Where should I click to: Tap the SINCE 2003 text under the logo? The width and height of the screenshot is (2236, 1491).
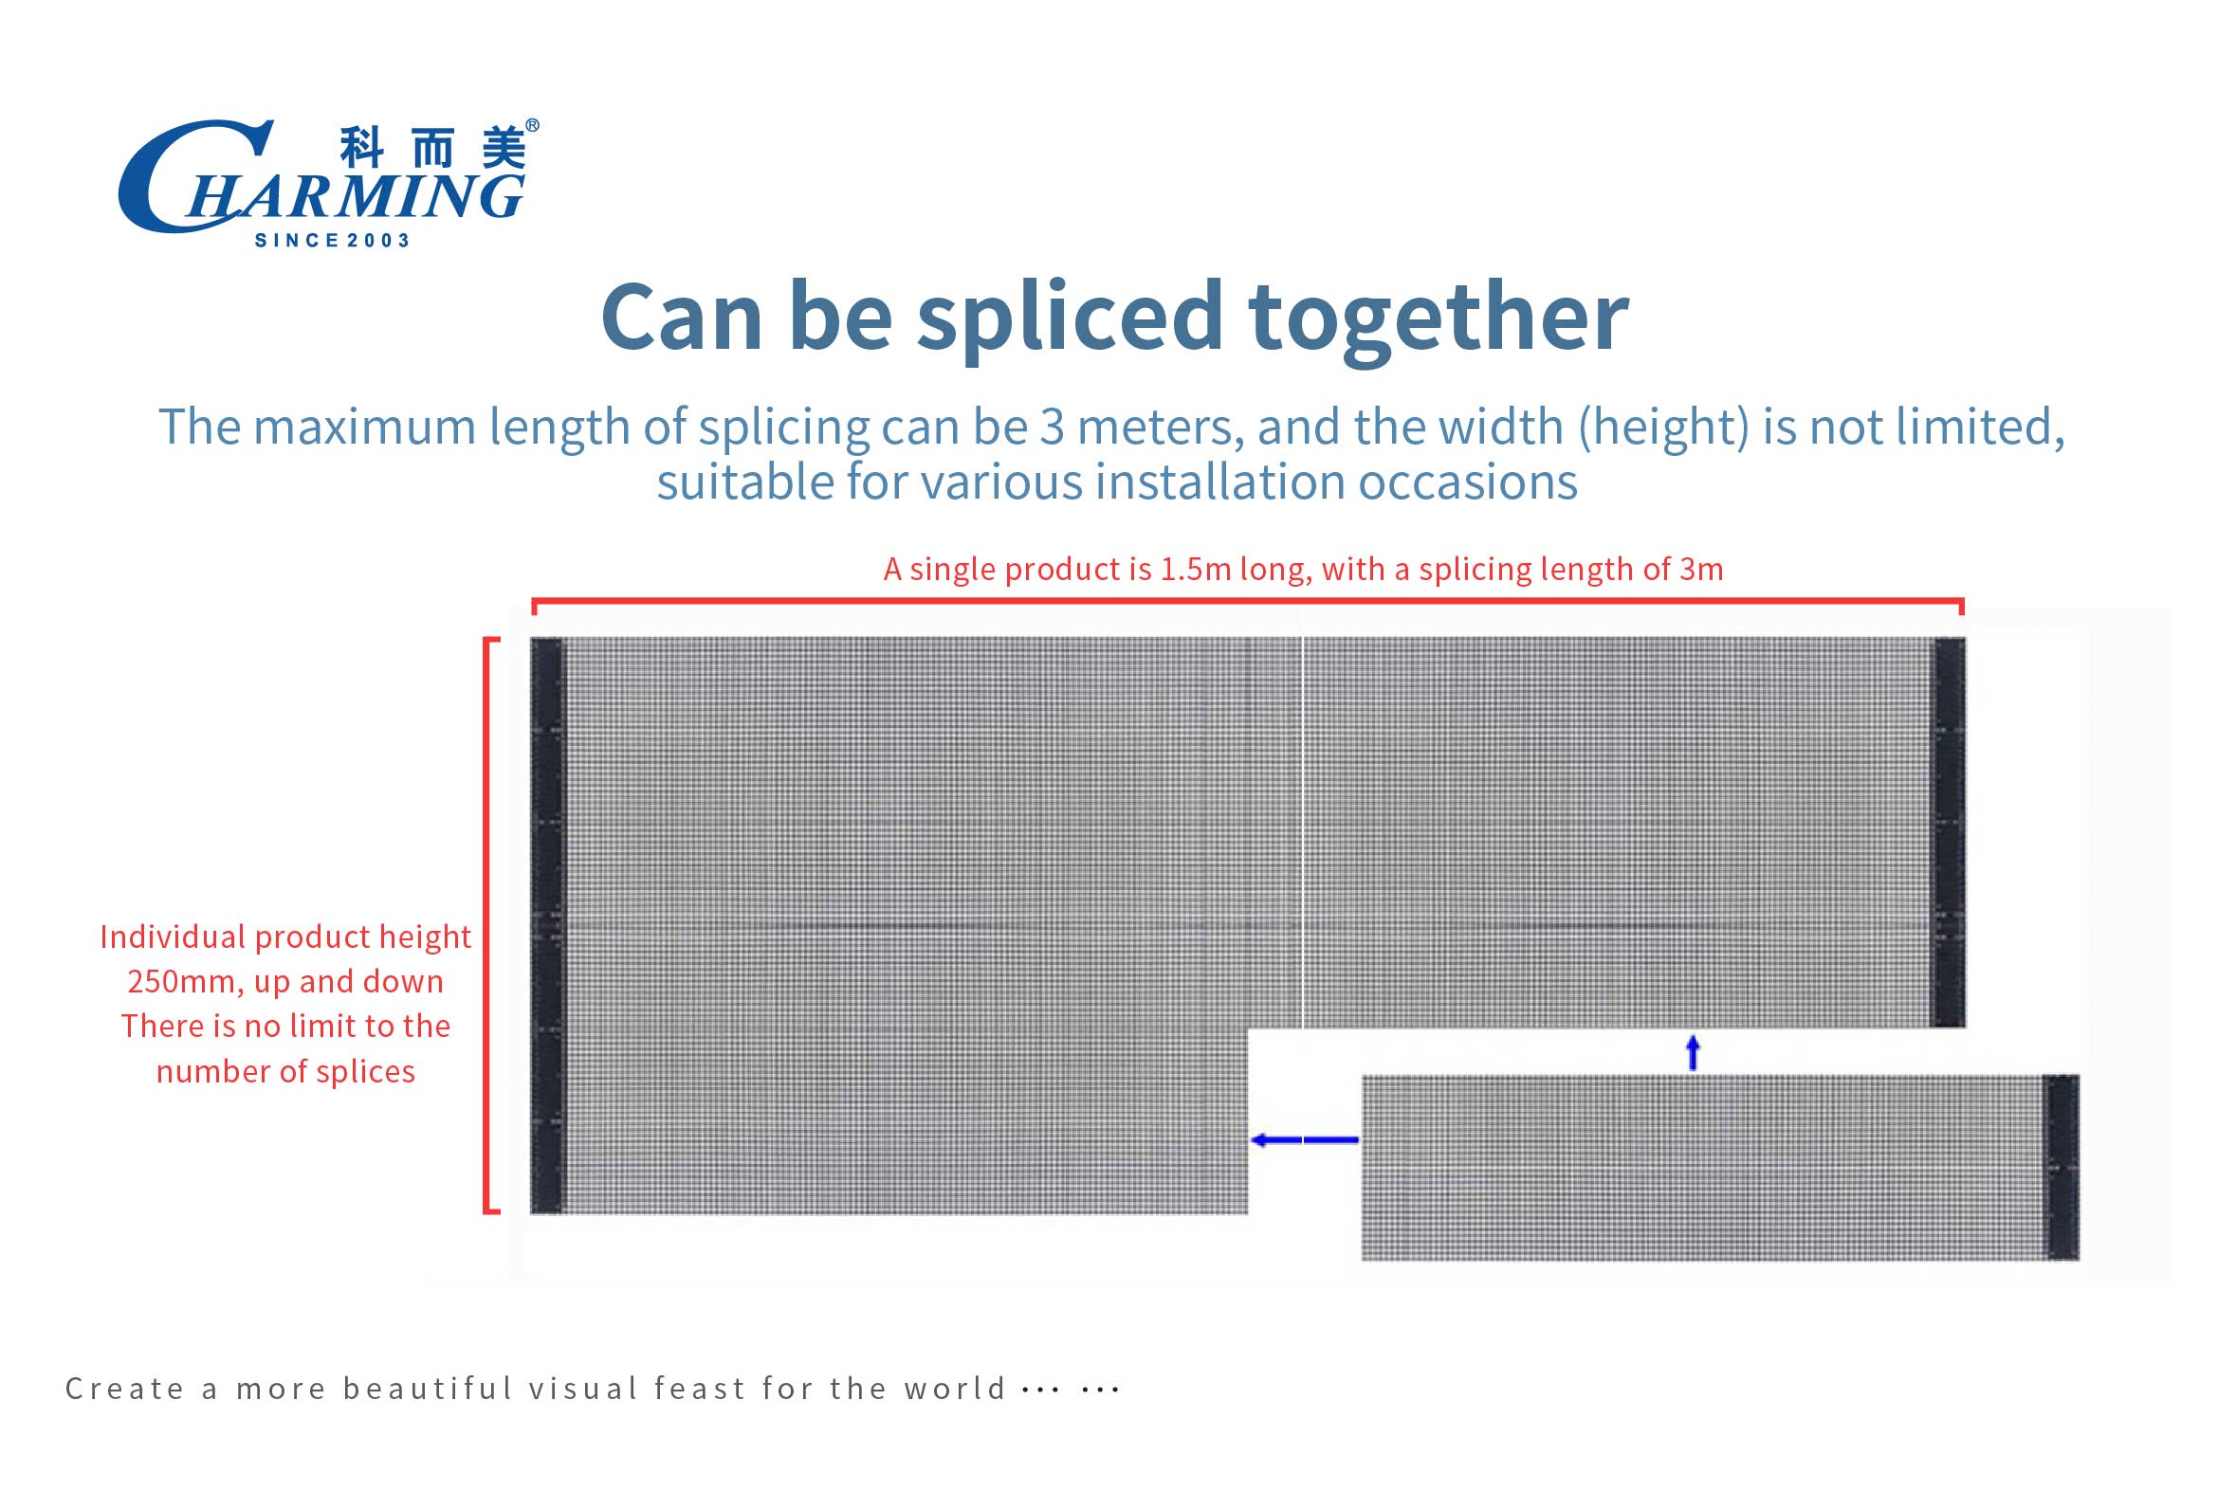pos(332,241)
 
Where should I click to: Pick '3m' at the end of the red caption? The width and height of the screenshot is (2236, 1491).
pos(1701,569)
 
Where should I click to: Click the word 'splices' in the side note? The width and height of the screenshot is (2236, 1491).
pos(365,1072)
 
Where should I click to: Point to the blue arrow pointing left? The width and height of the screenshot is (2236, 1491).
pos(1304,1139)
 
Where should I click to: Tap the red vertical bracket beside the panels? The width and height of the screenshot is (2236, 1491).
pos(487,925)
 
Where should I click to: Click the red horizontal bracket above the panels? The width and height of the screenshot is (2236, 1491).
pos(1248,601)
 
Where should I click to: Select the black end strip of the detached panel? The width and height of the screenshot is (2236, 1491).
pos(2062,1167)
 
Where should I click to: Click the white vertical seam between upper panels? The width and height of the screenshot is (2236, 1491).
pos(1302,832)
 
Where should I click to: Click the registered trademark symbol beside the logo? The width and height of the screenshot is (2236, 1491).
pos(533,125)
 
